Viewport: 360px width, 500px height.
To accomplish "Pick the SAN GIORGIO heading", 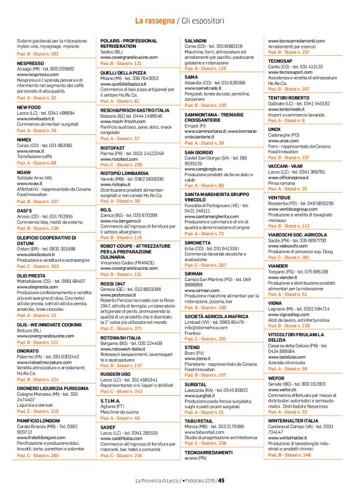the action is tap(199, 152).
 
